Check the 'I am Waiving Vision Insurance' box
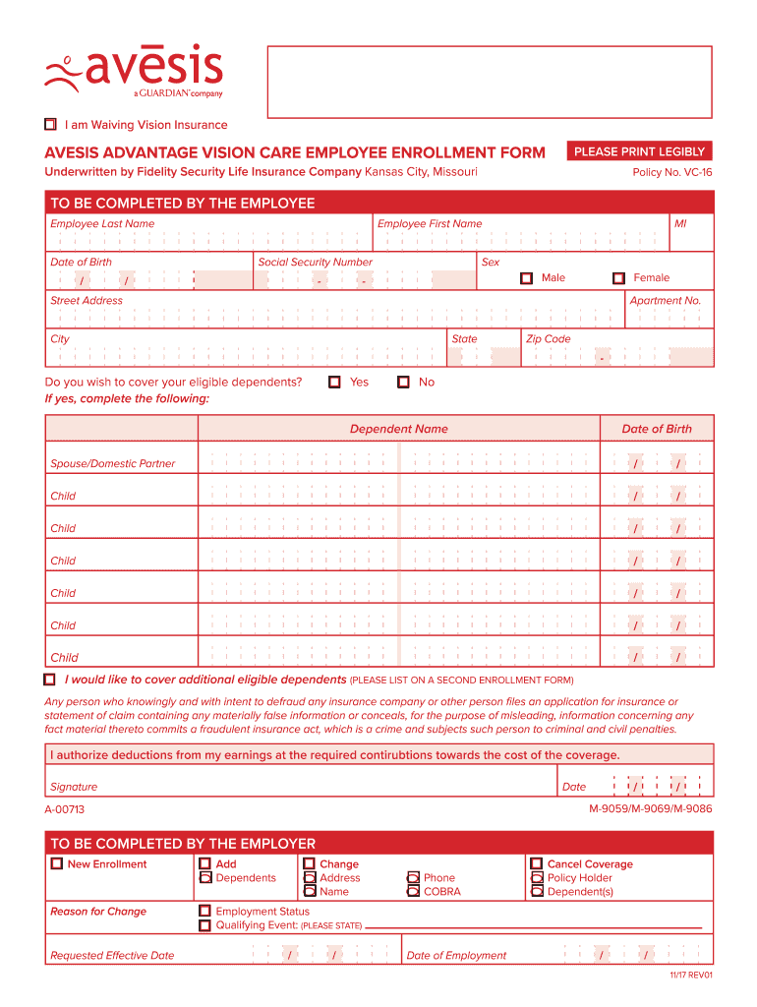pyautogui.click(x=51, y=125)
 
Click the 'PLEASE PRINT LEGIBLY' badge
pyautogui.click(x=639, y=151)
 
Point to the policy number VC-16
pyautogui.click(x=672, y=172)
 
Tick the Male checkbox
pyautogui.click(x=527, y=278)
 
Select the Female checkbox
pyautogui.click(x=618, y=278)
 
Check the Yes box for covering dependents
pyautogui.click(x=335, y=382)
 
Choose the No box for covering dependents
pyautogui.click(x=403, y=382)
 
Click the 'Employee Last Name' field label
pyautogui.click(x=102, y=223)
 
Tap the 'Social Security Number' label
pyautogui.click(x=315, y=262)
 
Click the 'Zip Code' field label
pyautogui.click(x=548, y=338)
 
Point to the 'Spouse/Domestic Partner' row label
pyautogui.click(x=112, y=463)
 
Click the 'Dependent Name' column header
pyautogui.click(x=398, y=429)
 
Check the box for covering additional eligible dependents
pyautogui.click(x=50, y=680)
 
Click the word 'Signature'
pyautogui.click(x=74, y=787)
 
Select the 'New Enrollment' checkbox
pyautogui.click(x=56, y=864)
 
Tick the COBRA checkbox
pyautogui.click(x=414, y=892)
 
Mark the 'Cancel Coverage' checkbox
pyautogui.click(x=537, y=864)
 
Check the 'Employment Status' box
pyautogui.click(x=204, y=912)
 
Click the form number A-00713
pyautogui.click(x=65, y=809)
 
